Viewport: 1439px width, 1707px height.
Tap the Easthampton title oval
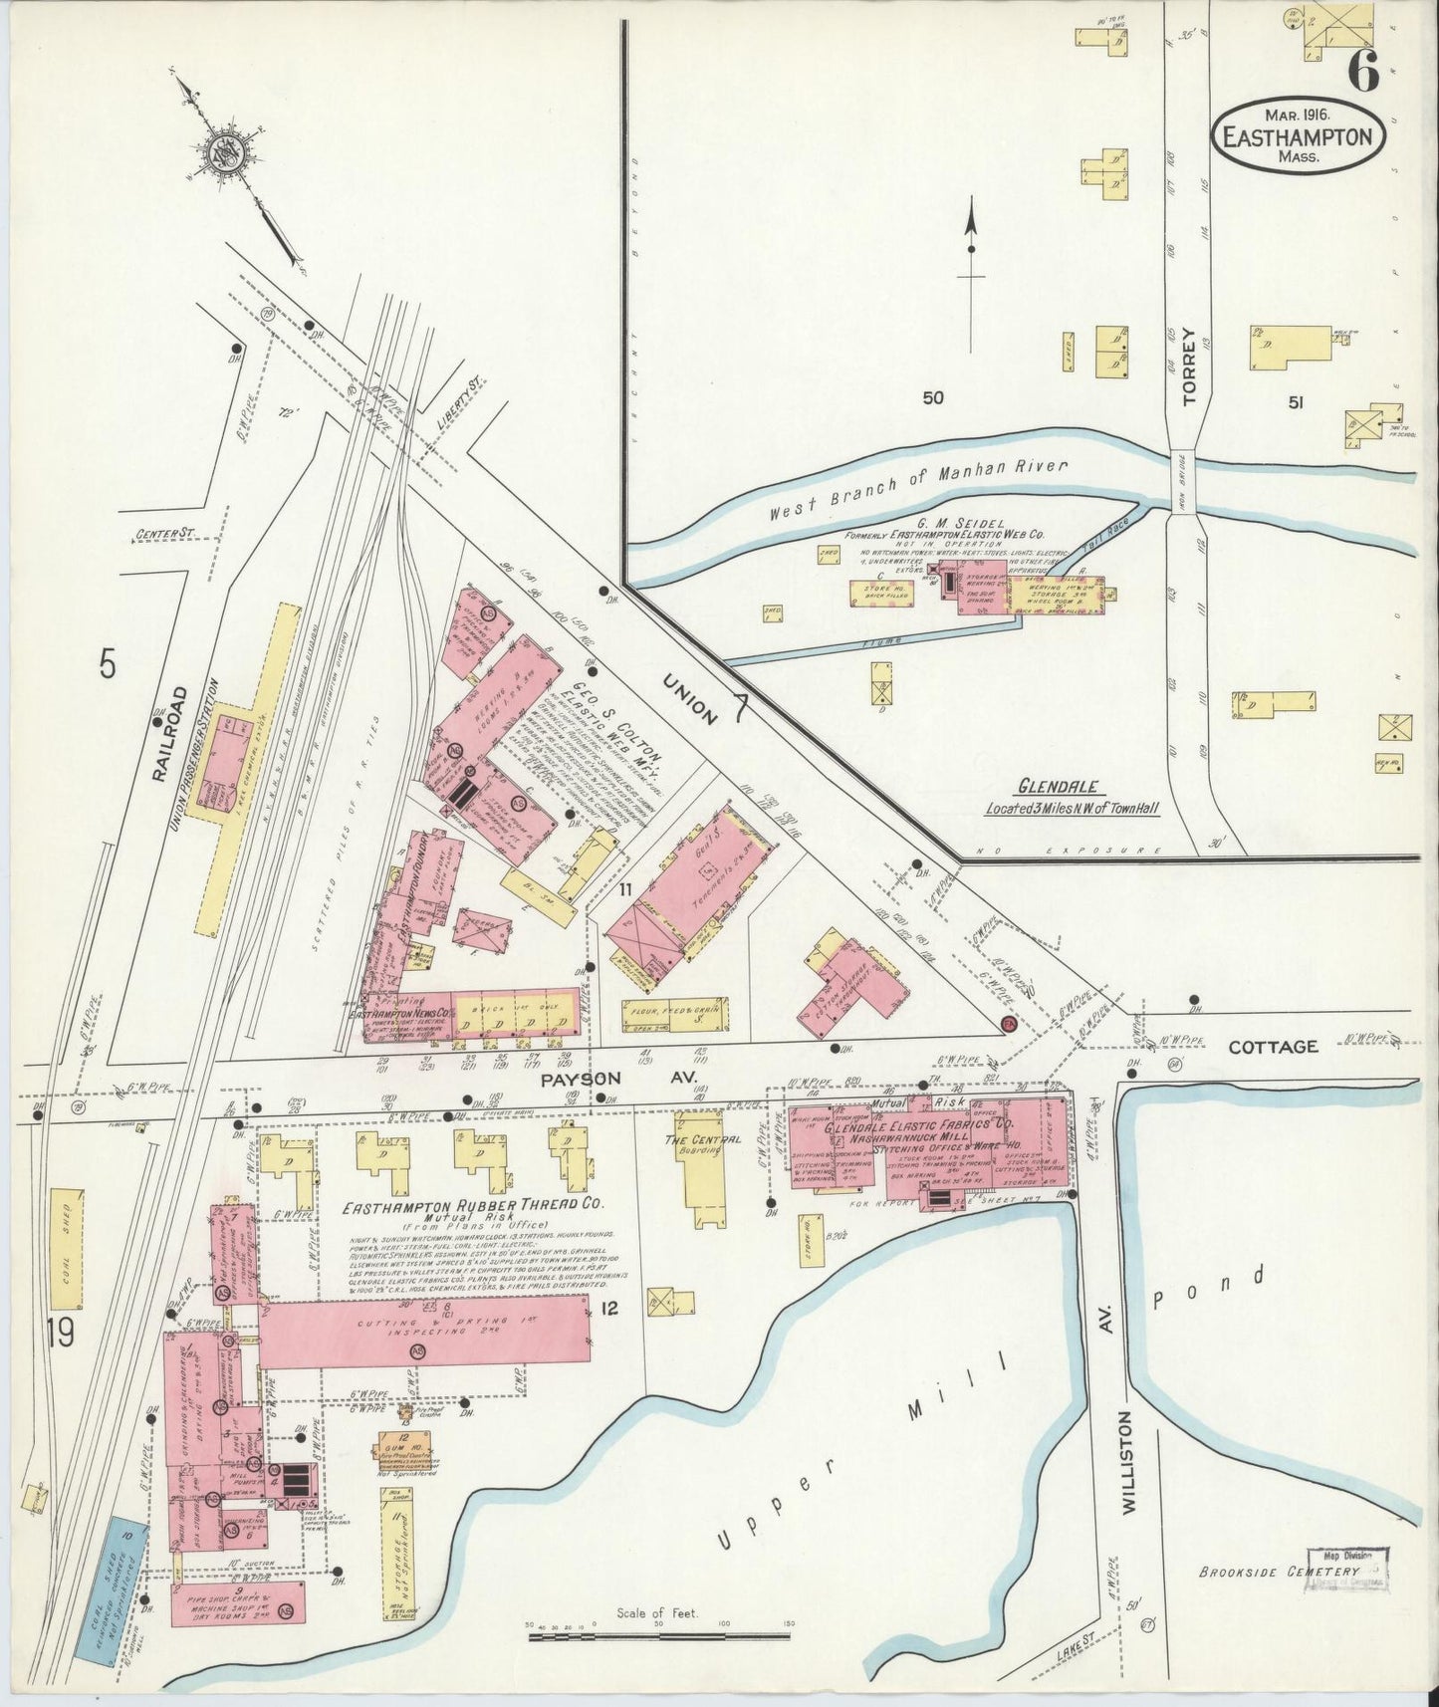click(x=1300, y=137)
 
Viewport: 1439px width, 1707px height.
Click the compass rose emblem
click(x=220, y=152)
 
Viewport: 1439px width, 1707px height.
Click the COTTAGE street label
click(x=1272, y=1047)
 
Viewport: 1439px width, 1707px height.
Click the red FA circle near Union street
click(x=1008, y=1024)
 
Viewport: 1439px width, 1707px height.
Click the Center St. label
click(x=159, y=536)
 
